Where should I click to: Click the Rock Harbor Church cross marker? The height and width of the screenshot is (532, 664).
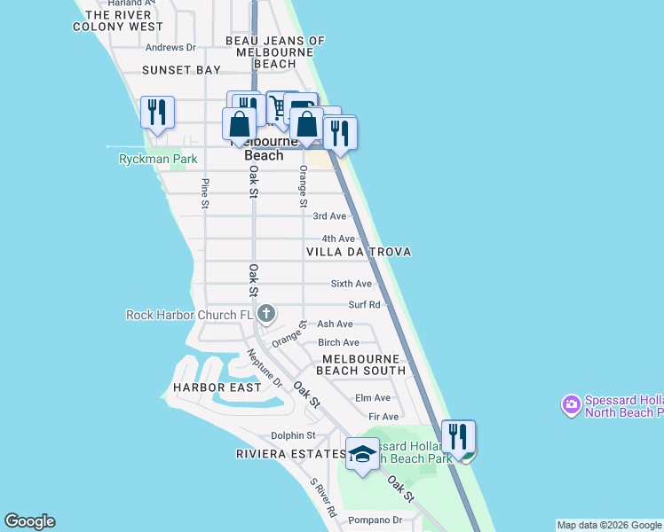coord(266,314)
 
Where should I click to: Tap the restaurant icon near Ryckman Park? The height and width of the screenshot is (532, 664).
coord(157,113)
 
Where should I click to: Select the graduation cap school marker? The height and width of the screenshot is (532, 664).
coord(362,454)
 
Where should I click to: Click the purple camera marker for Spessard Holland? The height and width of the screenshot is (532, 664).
coord(571,406)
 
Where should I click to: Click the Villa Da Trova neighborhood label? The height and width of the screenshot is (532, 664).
coord(359,253)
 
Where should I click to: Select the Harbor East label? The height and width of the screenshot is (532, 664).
coord(217,387)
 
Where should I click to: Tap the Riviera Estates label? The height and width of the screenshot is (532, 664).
coord(290,454)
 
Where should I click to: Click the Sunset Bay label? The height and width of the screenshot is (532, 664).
coord(181,69)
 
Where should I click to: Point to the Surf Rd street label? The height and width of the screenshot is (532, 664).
coord(364,305)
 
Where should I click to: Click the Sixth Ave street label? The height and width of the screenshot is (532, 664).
coord(352,284)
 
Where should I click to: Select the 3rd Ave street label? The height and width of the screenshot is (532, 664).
coord(330,216)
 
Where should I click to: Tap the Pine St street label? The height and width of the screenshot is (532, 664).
coord(205,193)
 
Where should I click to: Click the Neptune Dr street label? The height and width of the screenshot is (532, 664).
coord(265,369)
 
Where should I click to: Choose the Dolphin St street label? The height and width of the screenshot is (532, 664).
coord(294,435)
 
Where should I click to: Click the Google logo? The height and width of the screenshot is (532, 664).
coord(29,521)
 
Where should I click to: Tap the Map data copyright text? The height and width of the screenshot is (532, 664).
coord(609,526)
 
